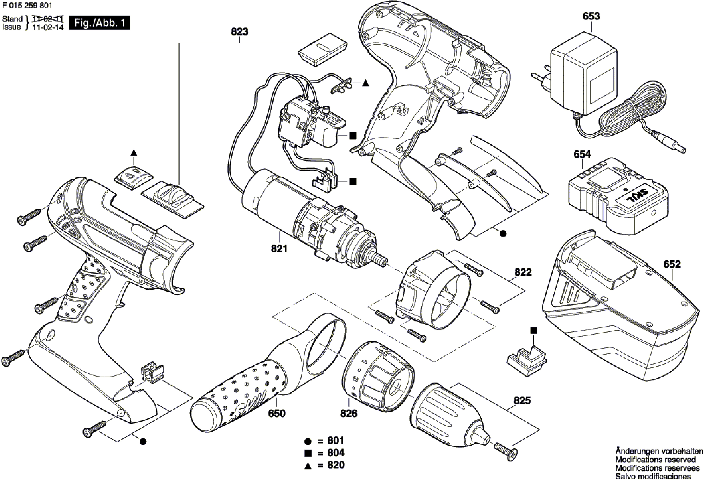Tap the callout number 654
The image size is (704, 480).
point(582,154)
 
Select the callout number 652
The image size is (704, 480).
point(672,264)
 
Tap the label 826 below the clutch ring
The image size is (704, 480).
point(349,413)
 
